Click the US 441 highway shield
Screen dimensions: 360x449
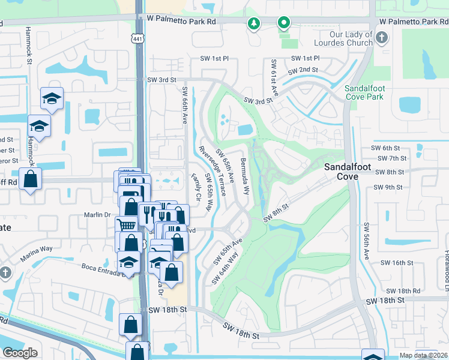(x=138, y=38)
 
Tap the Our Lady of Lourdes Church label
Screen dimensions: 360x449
(x=343, y=38)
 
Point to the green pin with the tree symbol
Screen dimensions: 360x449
(x=255, y=23)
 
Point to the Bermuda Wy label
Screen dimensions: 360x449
(x=245, y=178)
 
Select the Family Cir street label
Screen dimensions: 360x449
(x=195, y=187)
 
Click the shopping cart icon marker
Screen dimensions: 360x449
(x=125, y=225)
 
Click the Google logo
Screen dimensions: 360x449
(x=20, y=353)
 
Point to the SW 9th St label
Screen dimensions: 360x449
(x=387, y=187)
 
